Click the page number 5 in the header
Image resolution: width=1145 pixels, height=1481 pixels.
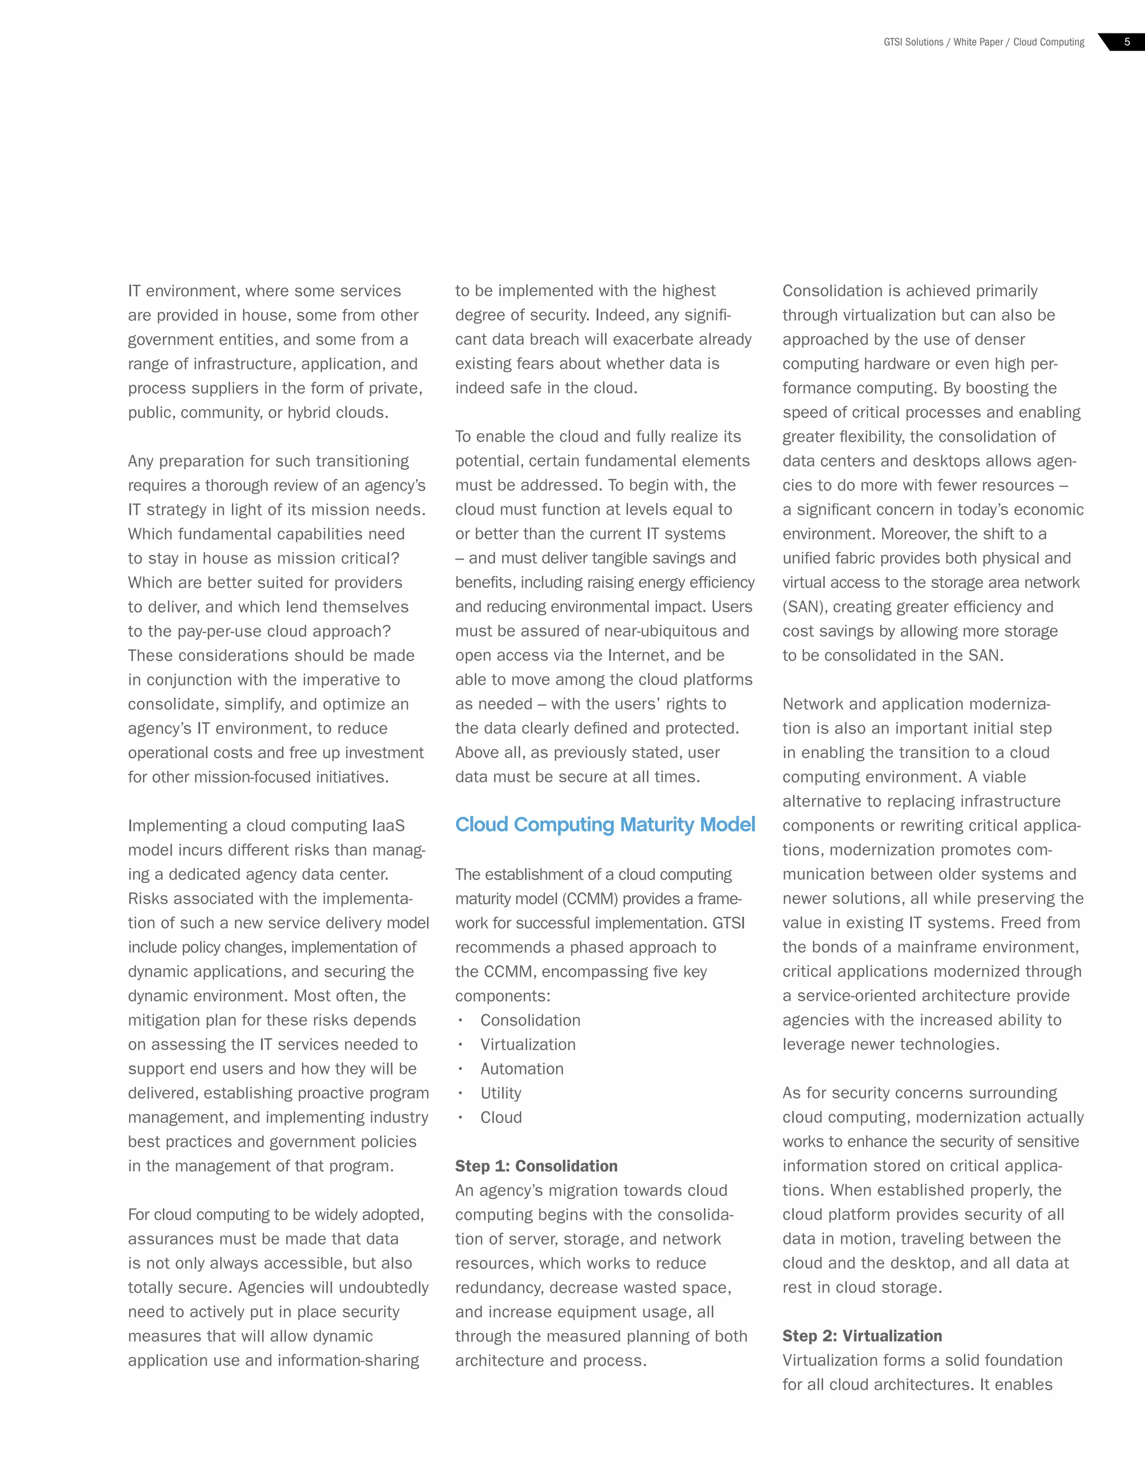click(1127, 42)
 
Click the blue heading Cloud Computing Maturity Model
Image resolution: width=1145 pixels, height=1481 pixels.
click(605, 824)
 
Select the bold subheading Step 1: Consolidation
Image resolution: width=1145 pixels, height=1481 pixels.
click(536, 1166)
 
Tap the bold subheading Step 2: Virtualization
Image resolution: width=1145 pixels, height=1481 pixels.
click(862, 1336)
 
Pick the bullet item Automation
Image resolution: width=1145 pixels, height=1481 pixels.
click(522, 1069)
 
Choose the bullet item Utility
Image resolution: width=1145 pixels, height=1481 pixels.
click(500, 1093)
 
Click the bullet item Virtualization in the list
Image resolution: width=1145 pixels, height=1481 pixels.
click(528, 1045)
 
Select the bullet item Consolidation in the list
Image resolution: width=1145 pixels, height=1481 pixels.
click(530, 1020)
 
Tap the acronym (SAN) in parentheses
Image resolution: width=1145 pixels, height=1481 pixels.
click(804, 607)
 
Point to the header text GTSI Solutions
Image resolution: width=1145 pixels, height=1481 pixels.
click(913, 42)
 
